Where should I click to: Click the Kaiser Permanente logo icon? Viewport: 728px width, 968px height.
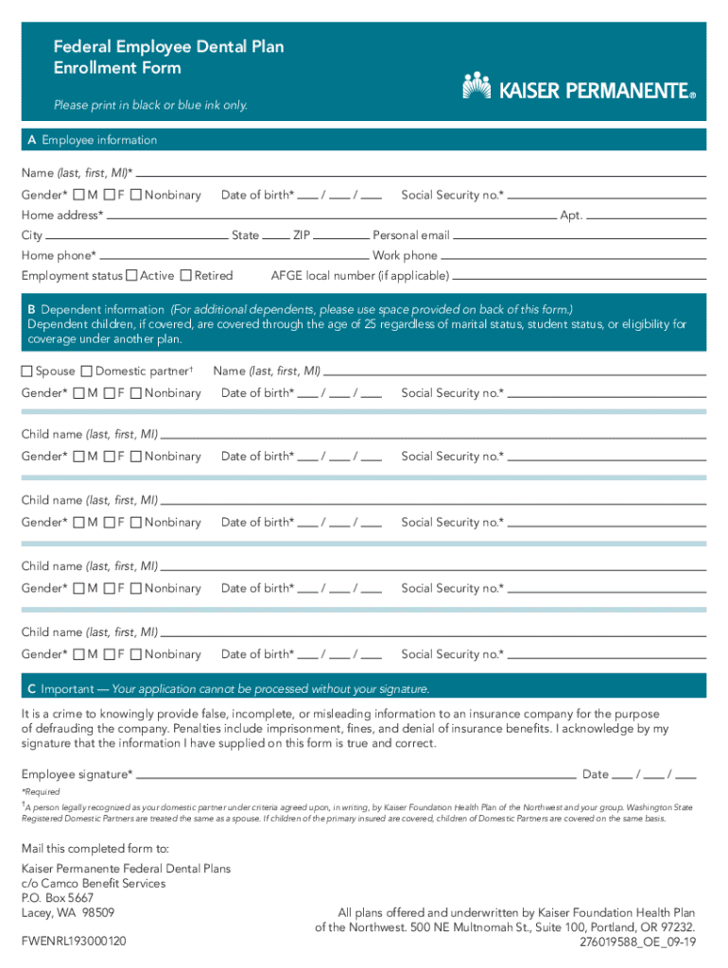pos(477,86)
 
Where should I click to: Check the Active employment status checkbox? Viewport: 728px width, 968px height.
pos(131,275)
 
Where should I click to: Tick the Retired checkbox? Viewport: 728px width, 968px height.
pos(186,275)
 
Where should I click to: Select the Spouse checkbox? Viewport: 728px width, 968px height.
pos(27,371)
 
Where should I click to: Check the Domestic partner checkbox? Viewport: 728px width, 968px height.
pos(87,371)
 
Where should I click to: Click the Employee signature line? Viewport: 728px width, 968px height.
pos(355,773)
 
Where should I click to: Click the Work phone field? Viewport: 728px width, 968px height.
pos(573,255)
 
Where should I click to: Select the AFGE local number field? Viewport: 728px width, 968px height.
pos(579,276)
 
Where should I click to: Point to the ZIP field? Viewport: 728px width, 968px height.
pos(341,234)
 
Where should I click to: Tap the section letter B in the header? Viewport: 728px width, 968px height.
pos(32,309)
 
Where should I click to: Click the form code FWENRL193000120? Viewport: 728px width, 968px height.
pos(74,942)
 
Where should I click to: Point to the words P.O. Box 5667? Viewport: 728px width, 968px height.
pos(58,898)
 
